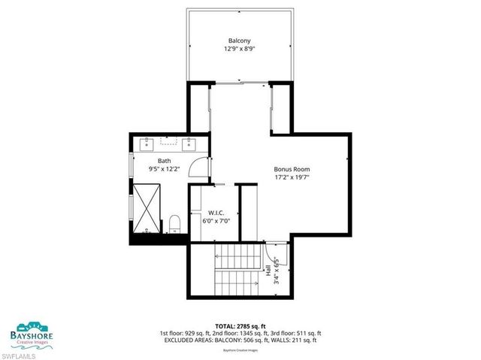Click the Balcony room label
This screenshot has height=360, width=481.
(240, 40)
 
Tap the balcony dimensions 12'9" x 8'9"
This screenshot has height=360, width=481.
(240, 49)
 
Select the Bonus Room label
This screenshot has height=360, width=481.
(292, 169)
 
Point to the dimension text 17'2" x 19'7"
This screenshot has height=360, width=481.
(292, 178)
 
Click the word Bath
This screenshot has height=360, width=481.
(164, 161)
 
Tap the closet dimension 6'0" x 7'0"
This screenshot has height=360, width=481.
(216, 222)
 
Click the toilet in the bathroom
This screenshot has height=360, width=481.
(174, 222)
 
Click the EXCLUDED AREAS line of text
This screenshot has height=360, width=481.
(240, 340)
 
